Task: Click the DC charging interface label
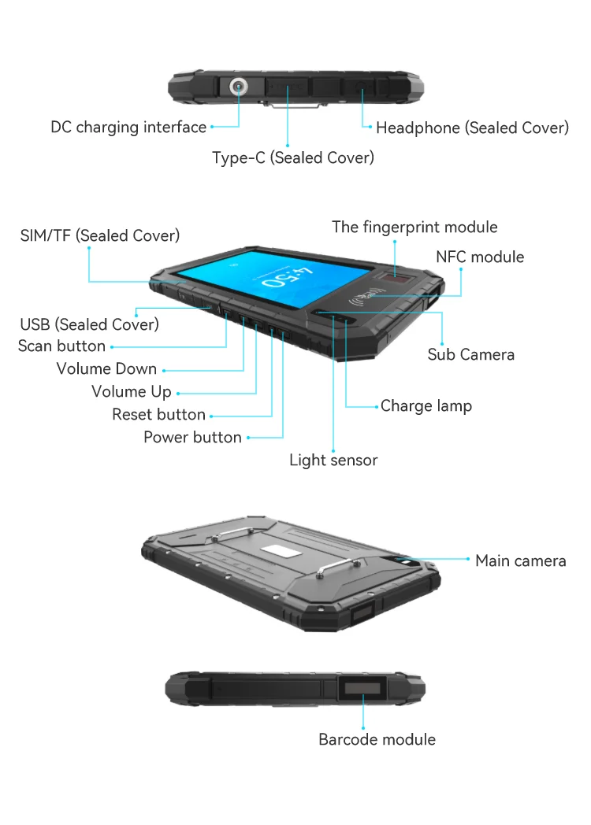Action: point(128,127)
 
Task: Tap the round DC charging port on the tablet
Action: point(236,87)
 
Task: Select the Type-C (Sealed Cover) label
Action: point(293,157)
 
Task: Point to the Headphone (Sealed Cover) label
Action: point(472,128)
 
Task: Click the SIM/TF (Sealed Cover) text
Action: point(100,235)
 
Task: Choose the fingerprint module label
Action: point(414,227)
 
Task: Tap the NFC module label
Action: point(480,257)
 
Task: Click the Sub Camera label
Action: point(470,354)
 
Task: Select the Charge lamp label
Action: point(426,406)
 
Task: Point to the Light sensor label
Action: point(333,460)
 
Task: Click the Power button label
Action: point(192,437)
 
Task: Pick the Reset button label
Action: point(158,414)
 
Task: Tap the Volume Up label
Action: point(131,391)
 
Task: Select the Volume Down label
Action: point(106,368)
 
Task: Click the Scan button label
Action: point(61,346)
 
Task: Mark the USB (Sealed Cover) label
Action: point(89,324)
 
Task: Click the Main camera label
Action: point(520,560)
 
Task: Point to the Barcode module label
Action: point(377,739)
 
